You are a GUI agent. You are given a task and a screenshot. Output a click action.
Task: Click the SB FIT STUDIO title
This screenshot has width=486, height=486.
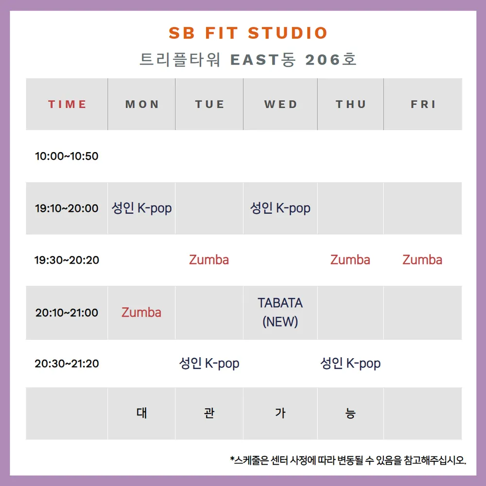point(248,33)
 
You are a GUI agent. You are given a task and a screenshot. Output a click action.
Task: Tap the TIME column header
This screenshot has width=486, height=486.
point(67,104)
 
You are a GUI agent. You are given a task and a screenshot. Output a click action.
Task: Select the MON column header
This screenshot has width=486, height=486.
point(142,104)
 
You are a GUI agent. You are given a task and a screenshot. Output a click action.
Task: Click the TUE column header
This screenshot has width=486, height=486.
point(209,104)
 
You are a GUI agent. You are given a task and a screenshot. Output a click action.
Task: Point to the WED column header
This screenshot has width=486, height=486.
point(280,104)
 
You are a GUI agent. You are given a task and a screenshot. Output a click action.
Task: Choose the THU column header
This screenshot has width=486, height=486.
point(350,104)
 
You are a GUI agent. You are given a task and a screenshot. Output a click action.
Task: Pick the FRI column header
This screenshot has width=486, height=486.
point(423,104)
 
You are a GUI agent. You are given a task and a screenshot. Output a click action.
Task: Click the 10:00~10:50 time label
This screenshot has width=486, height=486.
point(67,156)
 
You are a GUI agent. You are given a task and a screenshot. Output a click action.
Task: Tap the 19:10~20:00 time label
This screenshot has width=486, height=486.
point(67,208)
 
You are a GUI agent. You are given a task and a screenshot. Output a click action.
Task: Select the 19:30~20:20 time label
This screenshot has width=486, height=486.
point(67,260)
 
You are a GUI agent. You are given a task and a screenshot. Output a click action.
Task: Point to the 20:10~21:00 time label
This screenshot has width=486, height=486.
point(67,312)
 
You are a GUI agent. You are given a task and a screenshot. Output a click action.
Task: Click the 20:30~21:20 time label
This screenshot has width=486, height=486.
point(67,363)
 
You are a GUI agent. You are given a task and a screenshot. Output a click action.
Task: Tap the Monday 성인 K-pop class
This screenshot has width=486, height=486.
point(141,208)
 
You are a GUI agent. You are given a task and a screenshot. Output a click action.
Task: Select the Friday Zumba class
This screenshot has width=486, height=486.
point(422,260)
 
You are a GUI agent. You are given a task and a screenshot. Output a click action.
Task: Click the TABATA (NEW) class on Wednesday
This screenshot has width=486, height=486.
point(280,312)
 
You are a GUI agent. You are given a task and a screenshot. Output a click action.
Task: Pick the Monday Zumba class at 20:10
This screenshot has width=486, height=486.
point(141,312)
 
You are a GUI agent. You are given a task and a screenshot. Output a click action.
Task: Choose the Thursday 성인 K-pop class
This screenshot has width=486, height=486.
point(350,363)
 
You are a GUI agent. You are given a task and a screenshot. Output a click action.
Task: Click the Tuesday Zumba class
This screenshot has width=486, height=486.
point(209,260)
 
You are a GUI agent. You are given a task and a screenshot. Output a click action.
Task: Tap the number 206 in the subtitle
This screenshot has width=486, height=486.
point(323,60)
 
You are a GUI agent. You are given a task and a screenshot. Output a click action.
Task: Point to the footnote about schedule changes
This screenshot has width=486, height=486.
point(348,460)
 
